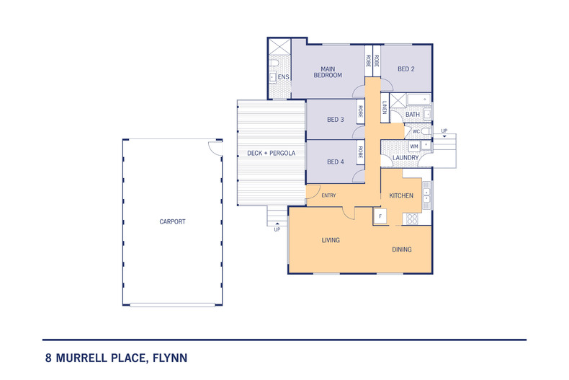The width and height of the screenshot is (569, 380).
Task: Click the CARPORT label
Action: (172, 221)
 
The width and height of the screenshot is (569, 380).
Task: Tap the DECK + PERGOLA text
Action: (270, 153)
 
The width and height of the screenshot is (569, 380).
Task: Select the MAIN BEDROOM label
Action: (327, 71)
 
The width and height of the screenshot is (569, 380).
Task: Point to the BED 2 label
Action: (406, 69)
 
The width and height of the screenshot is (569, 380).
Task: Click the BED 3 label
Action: (335, 120)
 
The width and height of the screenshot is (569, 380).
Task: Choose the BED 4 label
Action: (335, 162)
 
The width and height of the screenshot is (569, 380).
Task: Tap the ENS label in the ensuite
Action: (283, 76)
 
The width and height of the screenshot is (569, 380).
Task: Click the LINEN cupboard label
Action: (385, 109)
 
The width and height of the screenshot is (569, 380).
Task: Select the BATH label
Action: (412, 115)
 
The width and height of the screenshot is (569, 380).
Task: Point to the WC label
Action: (416, 131)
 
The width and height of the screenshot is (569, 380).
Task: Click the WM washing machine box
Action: (413, 146)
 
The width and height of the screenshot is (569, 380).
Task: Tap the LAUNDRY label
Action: (406, 157)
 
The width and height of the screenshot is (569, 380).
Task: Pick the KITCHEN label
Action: (401, 196)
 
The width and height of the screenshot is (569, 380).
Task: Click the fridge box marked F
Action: (380, 216)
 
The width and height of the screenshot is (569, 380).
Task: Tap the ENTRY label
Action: (328, 195)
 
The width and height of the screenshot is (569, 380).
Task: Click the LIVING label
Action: (331, 240)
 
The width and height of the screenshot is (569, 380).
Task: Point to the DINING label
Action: (402, 249)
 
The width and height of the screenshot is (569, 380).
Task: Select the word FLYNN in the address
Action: (170, 357)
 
